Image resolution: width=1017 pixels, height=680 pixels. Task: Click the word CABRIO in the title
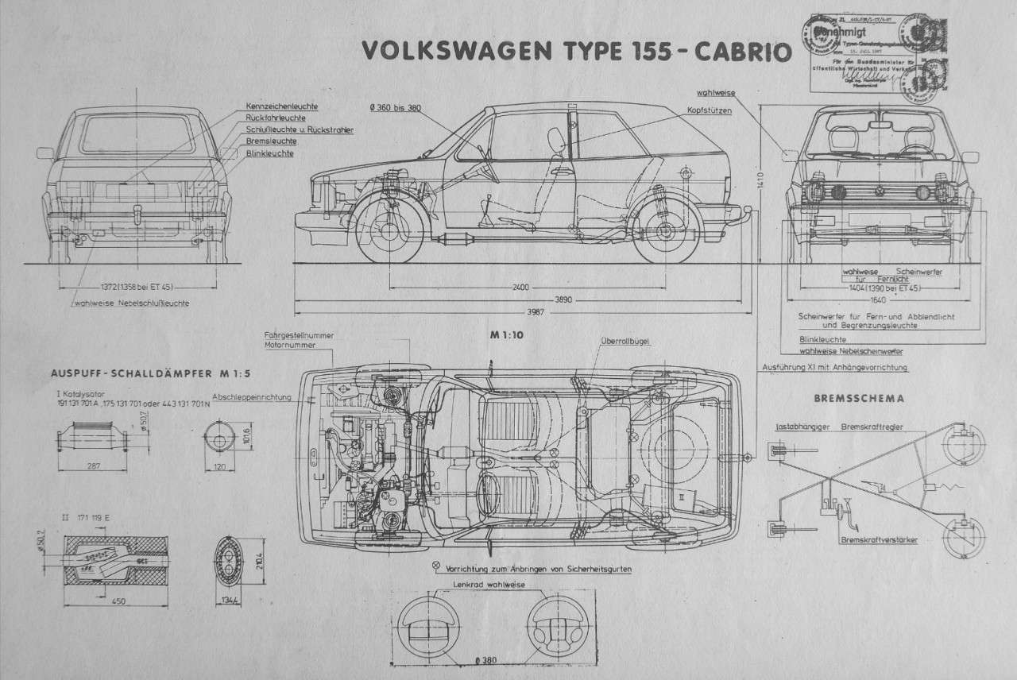[x=743, y=50]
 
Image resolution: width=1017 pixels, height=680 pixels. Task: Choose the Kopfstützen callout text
[x=710, y=110]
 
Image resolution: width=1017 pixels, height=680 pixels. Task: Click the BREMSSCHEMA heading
[x=861, y=398]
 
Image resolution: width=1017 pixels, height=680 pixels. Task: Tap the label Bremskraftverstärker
[x=878, y=539]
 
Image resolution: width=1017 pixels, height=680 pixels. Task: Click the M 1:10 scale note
[x=506, y=335]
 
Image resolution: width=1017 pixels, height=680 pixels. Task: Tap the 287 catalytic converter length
[x=94, y=467]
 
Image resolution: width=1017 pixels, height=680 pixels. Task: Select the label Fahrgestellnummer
[x=299, y=335]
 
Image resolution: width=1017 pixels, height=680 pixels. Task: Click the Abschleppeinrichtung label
[x=251, y=396]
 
